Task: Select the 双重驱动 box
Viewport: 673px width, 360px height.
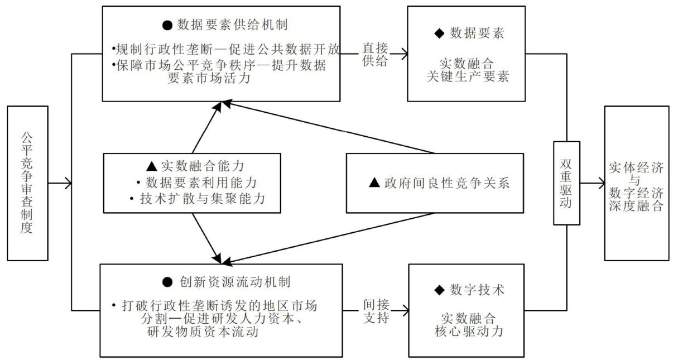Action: (566, 183)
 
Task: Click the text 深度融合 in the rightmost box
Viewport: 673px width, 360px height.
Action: (637, 206)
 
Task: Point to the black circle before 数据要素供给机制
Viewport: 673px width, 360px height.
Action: (167, 25)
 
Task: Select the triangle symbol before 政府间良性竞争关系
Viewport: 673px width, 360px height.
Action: (374, 183)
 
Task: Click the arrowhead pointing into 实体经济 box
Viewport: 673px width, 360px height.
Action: (600, 183)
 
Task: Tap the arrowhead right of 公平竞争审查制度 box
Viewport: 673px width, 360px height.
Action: (69, 183)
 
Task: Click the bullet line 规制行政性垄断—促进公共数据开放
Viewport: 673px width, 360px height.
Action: (225, 49)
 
